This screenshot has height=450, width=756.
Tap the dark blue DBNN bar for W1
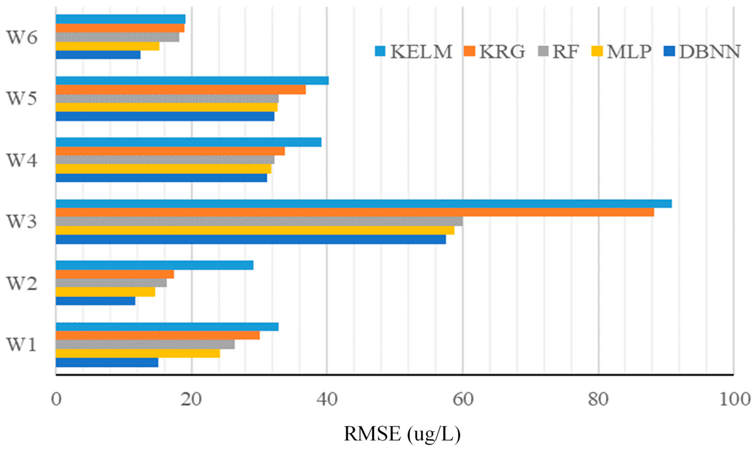pos(107,362)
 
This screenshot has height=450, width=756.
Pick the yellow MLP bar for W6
pos(108,46)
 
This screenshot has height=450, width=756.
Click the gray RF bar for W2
pos(111,283)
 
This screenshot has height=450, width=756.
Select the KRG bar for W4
pos(170,151)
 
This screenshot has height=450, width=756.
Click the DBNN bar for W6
pos(98,55)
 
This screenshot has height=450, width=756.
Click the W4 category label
pos(22,160)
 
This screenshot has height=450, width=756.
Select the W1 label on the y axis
pos(22,345)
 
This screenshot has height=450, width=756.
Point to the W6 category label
pos(22,38)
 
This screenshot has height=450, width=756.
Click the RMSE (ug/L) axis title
pos(402,434)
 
